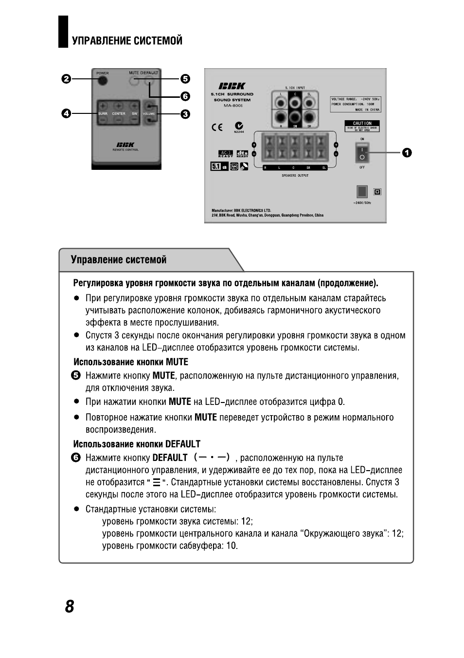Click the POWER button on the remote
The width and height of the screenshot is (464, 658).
(x=102, y=80)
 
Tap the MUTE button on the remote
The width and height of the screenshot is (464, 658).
(x=135, y=81)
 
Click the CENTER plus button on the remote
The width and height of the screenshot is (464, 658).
(x=118, y=106)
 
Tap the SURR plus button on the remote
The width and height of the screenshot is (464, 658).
(x=103, y=106)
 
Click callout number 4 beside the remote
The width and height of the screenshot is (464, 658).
(x=66, y=113)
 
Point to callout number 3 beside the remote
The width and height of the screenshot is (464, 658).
(x=185, y=114)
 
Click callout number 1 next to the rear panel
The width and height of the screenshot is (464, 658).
(x=407, y=152)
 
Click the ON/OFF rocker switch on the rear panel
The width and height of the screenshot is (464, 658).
(x=362, y=152)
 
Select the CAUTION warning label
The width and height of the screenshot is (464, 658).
(x=362, y=126)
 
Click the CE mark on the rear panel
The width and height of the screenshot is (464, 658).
(x=217, y=128)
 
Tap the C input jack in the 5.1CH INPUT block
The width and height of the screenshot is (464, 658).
(x=295, y=103)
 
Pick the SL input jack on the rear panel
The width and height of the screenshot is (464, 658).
(x=309, y=103)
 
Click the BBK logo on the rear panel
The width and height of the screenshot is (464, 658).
(x=232, y=86)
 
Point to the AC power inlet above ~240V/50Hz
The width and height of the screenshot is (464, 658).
(x=361, y=191)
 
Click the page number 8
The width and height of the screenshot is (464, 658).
(x=70, y=606)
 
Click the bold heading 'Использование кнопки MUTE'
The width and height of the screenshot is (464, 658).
(x=130, y=362)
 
